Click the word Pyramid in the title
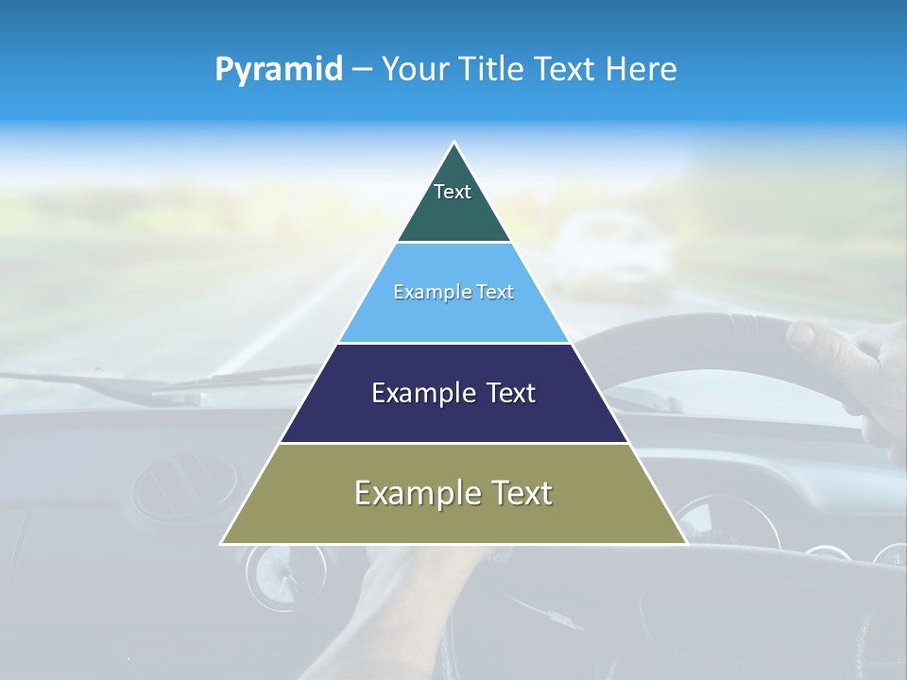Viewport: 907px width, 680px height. [279, 69]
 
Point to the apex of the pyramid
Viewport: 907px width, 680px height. [454, 144]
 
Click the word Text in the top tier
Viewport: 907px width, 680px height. [453, 192]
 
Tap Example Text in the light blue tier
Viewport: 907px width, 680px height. [453, 292]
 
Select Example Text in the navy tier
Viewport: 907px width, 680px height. [453, 393]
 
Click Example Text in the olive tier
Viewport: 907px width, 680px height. [453, 493]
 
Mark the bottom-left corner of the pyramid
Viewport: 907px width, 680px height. [222, 543]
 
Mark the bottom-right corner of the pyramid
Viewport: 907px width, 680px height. [686, 543]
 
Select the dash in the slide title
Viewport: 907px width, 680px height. [361, 69]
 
